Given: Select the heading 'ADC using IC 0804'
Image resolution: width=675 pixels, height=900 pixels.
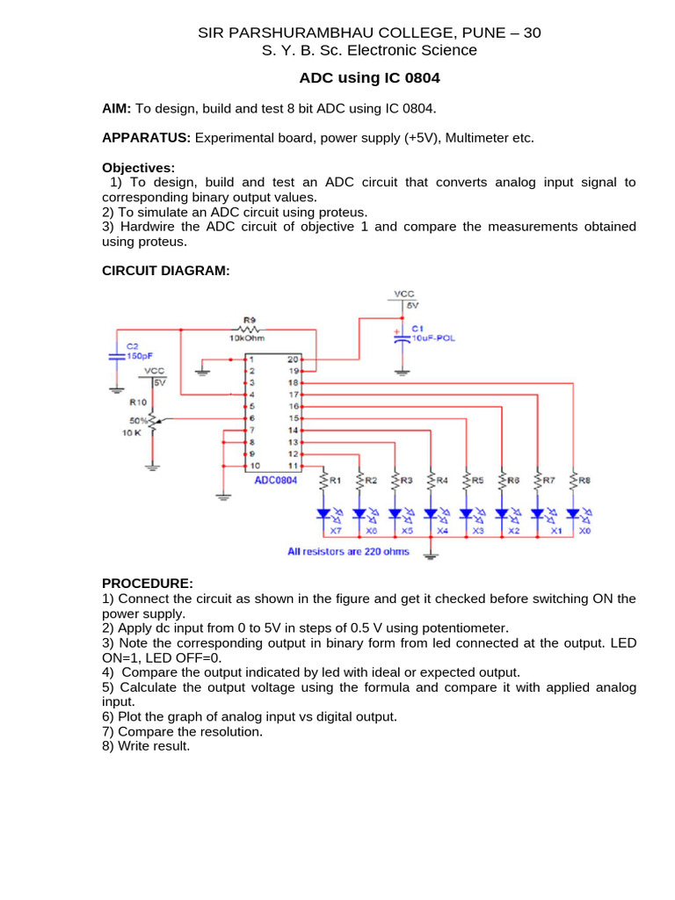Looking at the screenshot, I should click(369, 78).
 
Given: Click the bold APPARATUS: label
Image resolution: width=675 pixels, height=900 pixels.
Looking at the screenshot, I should click(146, 138).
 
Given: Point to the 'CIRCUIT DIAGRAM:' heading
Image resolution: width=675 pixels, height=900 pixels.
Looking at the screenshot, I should click(165, 272).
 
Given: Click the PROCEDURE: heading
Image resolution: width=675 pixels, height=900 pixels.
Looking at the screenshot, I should click(147, 584).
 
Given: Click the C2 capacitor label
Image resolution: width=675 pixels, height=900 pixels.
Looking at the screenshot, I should click(133, 345).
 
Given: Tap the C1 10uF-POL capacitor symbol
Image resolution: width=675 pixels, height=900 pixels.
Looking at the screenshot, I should click(402, 337).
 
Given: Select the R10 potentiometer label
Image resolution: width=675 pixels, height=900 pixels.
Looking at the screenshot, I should click(138, 402).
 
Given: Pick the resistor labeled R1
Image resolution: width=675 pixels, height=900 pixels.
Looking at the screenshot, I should click(324, 481).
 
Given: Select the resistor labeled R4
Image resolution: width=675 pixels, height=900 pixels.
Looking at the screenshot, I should click(431, 481).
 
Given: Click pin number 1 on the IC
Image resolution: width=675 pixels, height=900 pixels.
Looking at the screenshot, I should click(250, 359).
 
